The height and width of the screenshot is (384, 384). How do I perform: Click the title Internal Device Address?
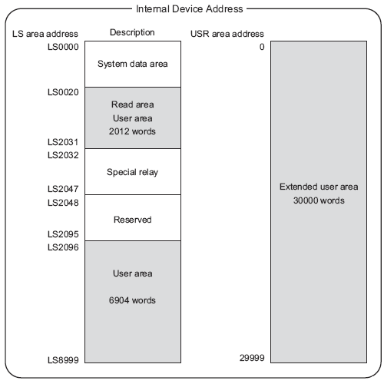tap(189, 9)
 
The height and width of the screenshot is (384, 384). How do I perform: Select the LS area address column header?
tap(45, 34)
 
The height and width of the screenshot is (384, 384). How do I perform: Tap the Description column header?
tap(132, 32)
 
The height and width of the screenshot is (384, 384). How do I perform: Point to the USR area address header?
tap(227, 34)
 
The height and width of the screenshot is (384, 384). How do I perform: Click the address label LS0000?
tap(63, 47)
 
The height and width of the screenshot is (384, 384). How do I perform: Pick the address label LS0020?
tap(63, 92)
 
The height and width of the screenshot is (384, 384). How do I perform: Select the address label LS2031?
tap(63, 142)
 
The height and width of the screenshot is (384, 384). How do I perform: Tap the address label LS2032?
tap(63, 155)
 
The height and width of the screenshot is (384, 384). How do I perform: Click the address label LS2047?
tap(63, 189)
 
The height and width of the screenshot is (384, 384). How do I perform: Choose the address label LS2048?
tap(63, 203)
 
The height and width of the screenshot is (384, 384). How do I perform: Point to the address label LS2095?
tap(63, 234)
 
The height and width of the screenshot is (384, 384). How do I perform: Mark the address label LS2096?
tap(63, 247)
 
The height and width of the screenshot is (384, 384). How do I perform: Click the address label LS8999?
tap(63, 360)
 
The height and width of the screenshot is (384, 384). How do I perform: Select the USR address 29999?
tap(252, 358)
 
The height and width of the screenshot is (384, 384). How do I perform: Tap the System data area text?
tap(133, 64)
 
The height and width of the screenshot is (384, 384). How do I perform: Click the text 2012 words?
tap(132, 131)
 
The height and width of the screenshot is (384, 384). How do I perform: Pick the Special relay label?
tap(132, 172)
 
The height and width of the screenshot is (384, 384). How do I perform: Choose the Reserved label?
tap(133, 220)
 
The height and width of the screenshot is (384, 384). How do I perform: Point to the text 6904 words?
tap(132, 300)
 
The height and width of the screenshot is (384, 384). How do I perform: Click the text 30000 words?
tap(319, 200)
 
